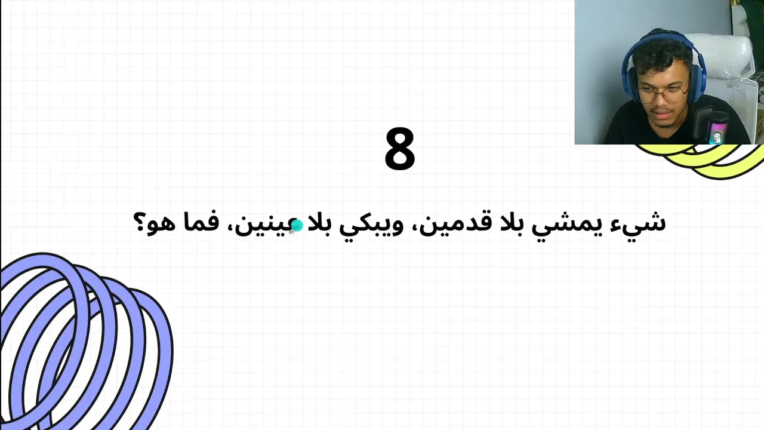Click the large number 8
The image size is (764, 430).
[x=400, y=149]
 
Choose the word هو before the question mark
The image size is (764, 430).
[x=162, y=226]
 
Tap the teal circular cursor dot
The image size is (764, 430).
[x=297, y=225]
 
